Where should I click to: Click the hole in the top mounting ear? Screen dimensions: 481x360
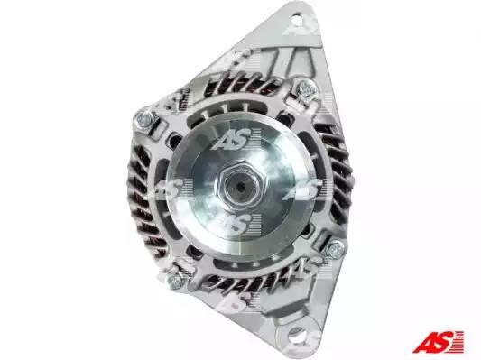pos(297,21)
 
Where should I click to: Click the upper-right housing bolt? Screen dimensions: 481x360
pos(305,89)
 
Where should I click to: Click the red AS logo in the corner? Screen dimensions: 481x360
pos(438,341)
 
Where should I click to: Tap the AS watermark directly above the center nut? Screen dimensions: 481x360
pos(236,140)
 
